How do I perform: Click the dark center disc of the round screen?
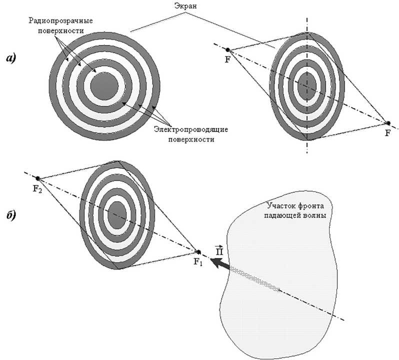pos(104,85)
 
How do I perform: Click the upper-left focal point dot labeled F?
pos(228,50)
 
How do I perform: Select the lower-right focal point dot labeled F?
pos(387,123)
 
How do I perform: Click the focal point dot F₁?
pos(198,251)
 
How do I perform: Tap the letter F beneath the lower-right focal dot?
pos(387,133)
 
